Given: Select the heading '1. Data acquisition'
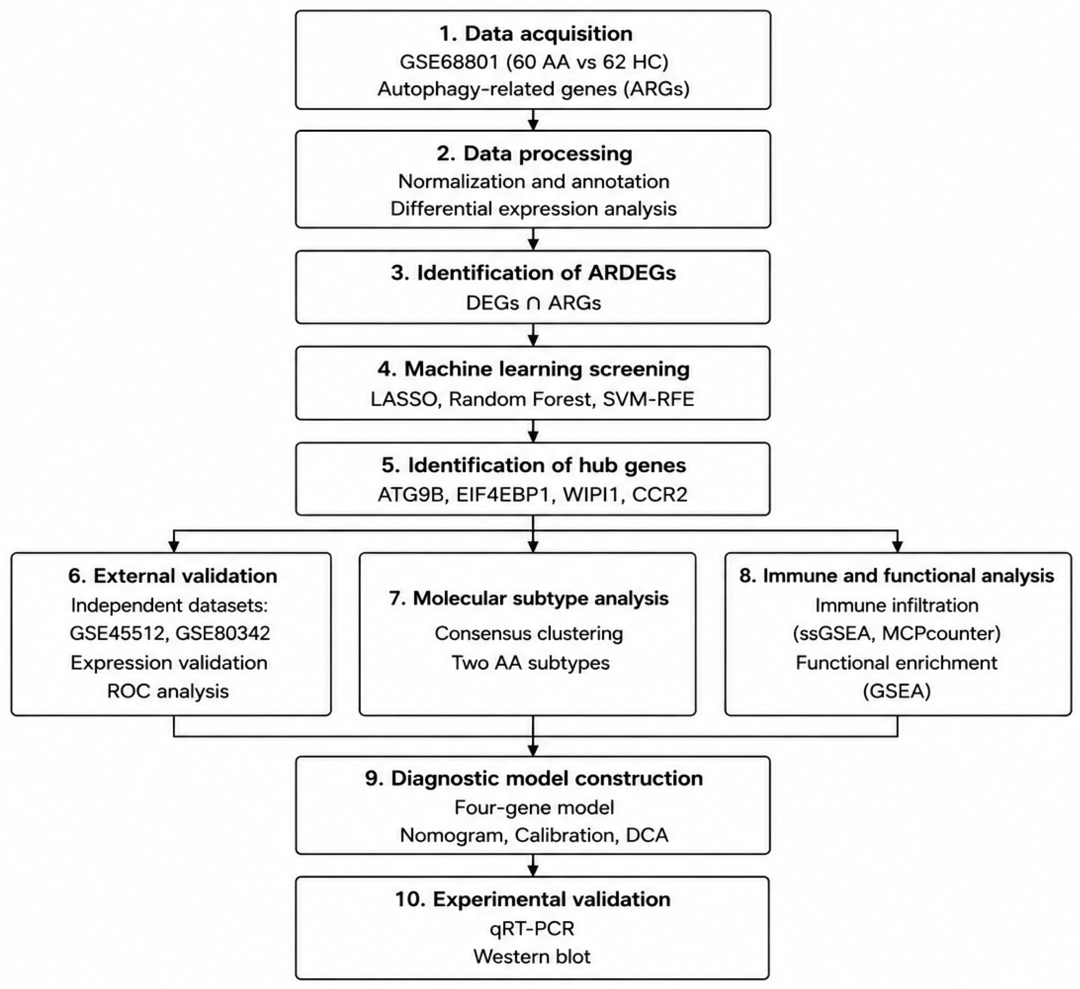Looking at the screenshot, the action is click(x=535, y=33).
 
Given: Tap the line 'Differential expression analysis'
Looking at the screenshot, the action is click(x=533, y=208).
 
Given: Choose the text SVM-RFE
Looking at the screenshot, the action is click(x=648, y=399).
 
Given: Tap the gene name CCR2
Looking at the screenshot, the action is click(x=660, y=494).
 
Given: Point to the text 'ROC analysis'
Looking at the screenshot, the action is click(x=168, y=691).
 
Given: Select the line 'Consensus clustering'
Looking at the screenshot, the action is click(x=529, y=633).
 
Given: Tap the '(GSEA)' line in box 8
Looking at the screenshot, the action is click(x=897, y=691).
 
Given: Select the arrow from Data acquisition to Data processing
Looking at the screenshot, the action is click(x=533, y=120).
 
